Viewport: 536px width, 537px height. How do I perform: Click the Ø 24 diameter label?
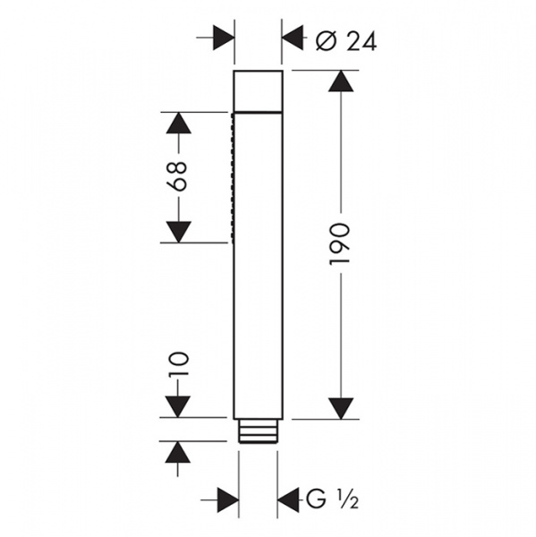[346, 42]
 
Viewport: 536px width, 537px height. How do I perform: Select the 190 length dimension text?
[340, 243]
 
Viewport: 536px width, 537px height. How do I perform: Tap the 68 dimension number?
[178, 176]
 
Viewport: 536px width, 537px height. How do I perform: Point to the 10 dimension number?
[178, 364]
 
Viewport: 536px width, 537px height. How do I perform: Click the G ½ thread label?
[332, 500]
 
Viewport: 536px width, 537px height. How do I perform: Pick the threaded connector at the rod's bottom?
[258, 431]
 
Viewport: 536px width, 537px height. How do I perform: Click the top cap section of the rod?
[259, 90]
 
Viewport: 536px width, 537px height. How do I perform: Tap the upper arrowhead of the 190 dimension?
[341, 81]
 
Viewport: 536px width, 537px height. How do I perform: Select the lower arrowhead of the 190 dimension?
[341, 409]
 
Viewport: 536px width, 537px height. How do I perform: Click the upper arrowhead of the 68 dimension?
[178, 123]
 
